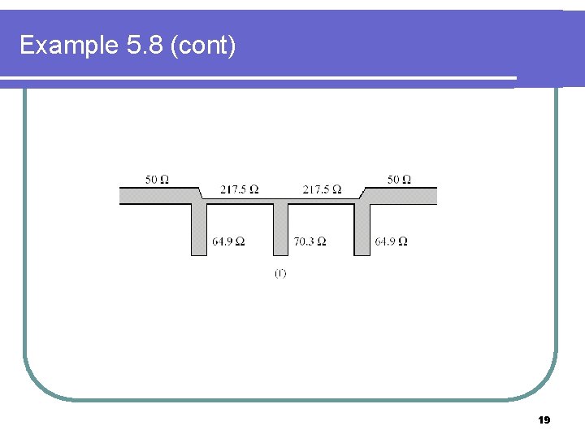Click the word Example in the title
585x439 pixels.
click(x=69, y=46)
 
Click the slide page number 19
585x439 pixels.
click(x=544, y=420)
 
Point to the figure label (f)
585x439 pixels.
click(x=280, y=274)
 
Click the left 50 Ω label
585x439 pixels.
click(x=157, y=179)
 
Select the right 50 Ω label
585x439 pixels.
click(x=398, y=179)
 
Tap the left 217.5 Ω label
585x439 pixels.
click(x=240, y=189)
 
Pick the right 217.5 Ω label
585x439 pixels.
click(x=322, y=189)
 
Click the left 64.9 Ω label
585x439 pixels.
click(x=228, y=241)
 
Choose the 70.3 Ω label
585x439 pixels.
click(x=310, y=241)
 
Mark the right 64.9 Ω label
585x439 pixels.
click(x=391, y=241)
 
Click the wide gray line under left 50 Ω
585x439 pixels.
click(x=158, y=195)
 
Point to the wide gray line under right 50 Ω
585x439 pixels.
click(x=402, y=195)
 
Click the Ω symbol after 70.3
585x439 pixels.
click(x=322, y=241)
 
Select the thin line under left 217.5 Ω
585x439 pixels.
click(x=240, y=200)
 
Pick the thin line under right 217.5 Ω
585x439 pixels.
click(x=322, y=200)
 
